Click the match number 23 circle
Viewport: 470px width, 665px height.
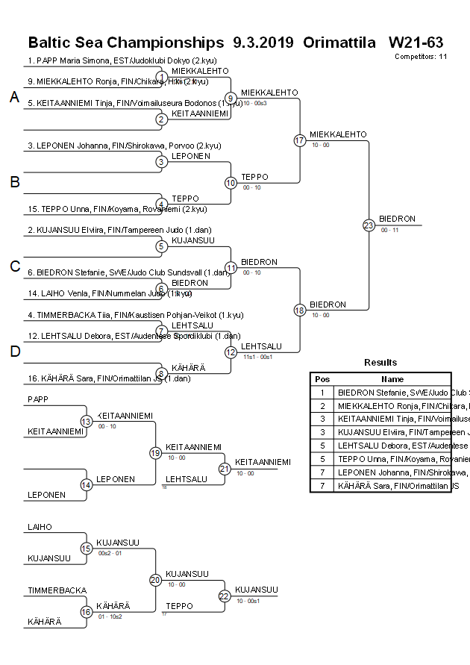369,225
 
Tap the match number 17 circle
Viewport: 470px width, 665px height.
300,140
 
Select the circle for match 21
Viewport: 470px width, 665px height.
225,469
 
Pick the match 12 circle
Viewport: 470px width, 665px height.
231,352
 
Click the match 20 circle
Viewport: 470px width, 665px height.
155,580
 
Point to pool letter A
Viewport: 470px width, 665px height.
14,97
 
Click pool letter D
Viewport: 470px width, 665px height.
14,352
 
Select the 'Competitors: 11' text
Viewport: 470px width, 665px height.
421,56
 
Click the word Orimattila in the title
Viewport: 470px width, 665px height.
339,42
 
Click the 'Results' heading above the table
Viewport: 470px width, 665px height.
380,362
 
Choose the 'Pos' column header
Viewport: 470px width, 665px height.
322,379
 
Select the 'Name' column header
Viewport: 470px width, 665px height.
392,379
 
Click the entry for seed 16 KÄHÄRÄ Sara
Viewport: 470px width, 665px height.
104,379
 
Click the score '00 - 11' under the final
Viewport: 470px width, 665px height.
389,230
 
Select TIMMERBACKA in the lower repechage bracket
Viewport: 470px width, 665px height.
57,590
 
